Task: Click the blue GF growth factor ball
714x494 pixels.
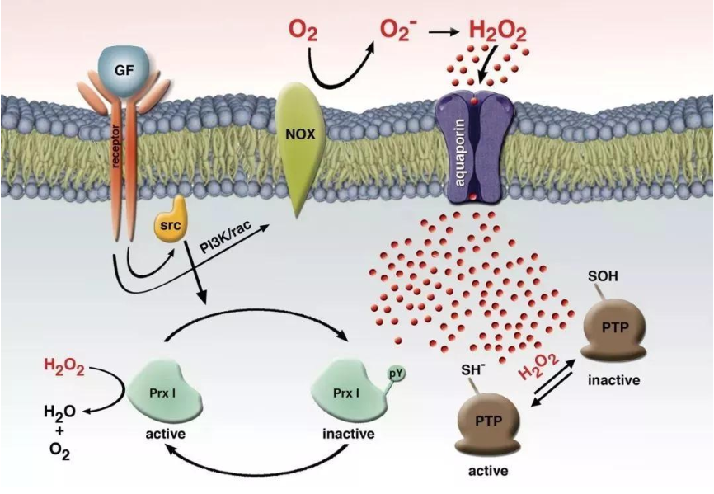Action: (x=122, y=70)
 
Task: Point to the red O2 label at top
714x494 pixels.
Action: (x=303, y=32)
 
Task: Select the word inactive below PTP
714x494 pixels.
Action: (x=613, y=381)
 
